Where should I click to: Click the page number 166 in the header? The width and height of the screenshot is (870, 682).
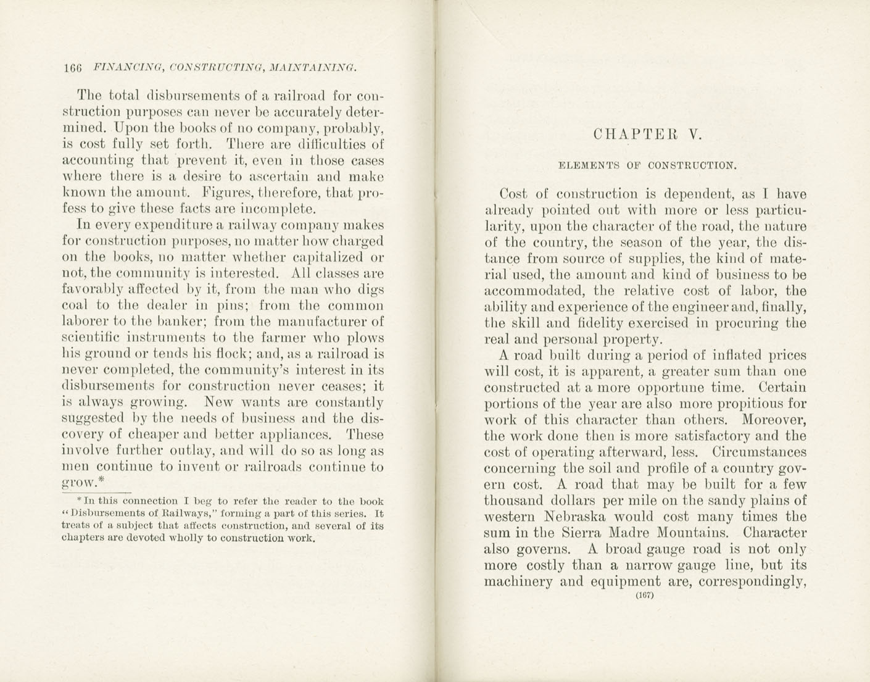click(x=72, y=68)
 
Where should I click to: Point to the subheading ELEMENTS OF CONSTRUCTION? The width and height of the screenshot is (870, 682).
click(x=647, y=165)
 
